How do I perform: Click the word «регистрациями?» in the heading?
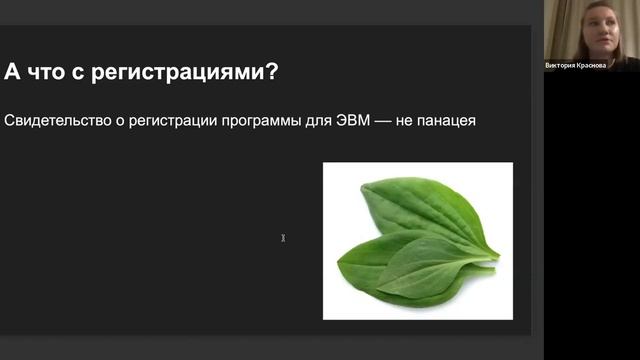click(191, 73)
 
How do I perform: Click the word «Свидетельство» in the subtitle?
click(56, 122)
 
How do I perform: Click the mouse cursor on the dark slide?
click(283, 238)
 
